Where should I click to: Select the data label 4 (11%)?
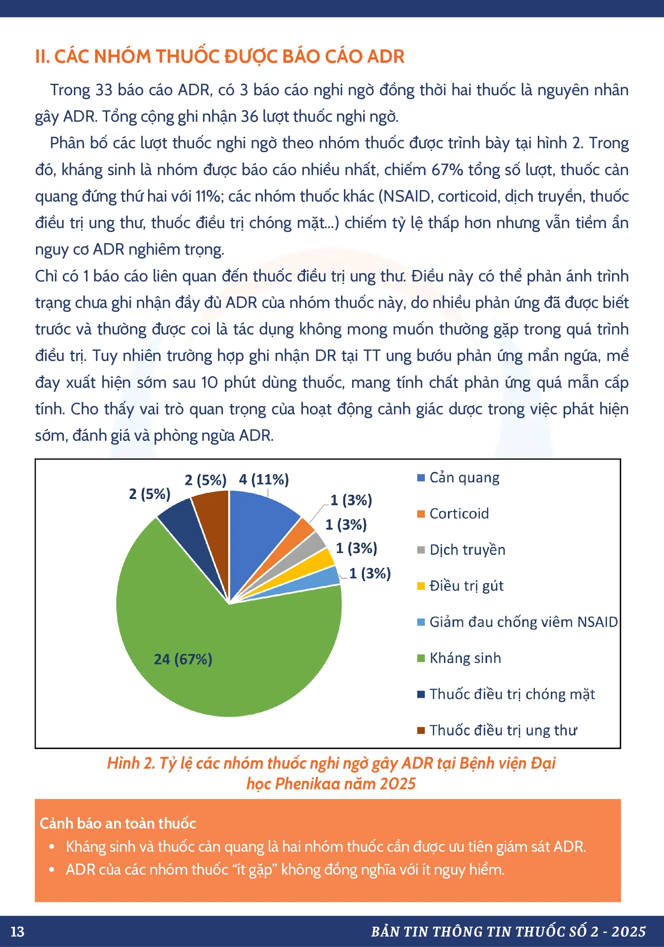click(264, 479)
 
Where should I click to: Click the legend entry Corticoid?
click(459, 513)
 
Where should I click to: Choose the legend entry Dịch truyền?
click(467, 550)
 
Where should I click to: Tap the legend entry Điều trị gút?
click(466, 586)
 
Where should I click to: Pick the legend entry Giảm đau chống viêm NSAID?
click(523, 622)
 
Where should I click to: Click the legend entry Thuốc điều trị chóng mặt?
click(512, 694)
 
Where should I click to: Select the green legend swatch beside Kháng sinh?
click(421, 658)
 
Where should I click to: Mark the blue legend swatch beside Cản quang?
click(421, 478)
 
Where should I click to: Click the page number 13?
click(17, 932)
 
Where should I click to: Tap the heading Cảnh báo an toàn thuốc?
click(117, 823)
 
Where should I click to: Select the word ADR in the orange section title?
click(385, 57)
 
